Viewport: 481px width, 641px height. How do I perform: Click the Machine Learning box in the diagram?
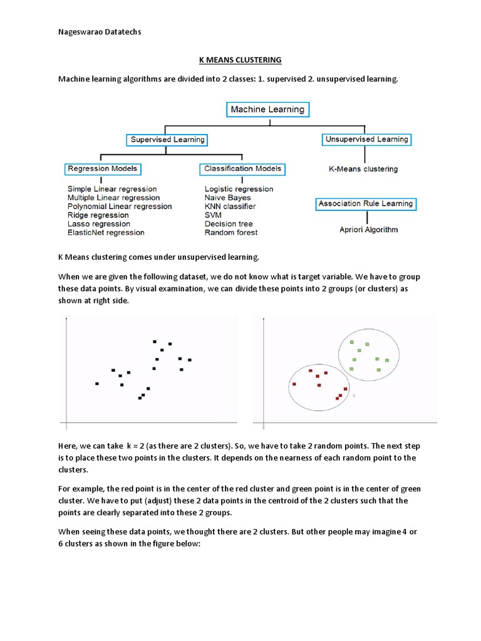tap(267, 110)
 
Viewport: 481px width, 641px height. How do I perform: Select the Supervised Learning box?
tap(167, 140)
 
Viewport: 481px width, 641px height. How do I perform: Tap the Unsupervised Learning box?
tap(366, 140)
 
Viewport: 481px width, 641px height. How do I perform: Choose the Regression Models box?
tap(102, 169)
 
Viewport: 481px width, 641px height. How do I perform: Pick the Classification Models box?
tap(242, 169)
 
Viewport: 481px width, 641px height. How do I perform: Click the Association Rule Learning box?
tap(366, 204)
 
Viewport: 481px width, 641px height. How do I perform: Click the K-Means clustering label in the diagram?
tap(363, 169)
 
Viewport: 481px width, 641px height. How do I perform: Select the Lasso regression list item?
tap(99, 224)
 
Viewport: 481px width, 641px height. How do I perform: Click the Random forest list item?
tap(231, 233)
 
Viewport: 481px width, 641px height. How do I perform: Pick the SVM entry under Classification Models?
tap(213, 215)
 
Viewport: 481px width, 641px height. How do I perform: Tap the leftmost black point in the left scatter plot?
tap(97, 384)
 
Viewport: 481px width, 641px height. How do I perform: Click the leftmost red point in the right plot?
tap(294, 384)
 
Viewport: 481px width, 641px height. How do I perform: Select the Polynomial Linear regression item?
tap(120, 207)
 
